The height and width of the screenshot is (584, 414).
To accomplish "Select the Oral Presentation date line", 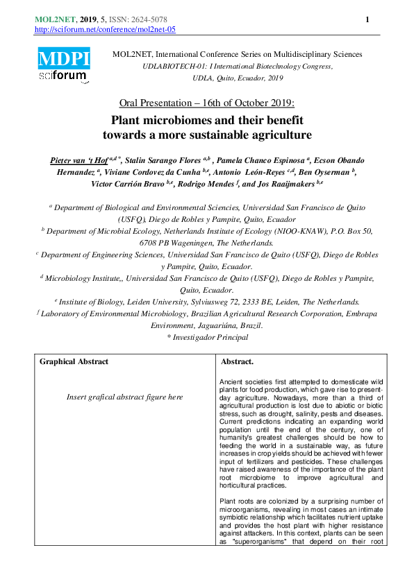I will [207, 102].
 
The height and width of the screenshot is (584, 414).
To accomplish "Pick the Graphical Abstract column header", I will [74, 361].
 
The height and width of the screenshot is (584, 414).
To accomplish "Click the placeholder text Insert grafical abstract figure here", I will [124, 397].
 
